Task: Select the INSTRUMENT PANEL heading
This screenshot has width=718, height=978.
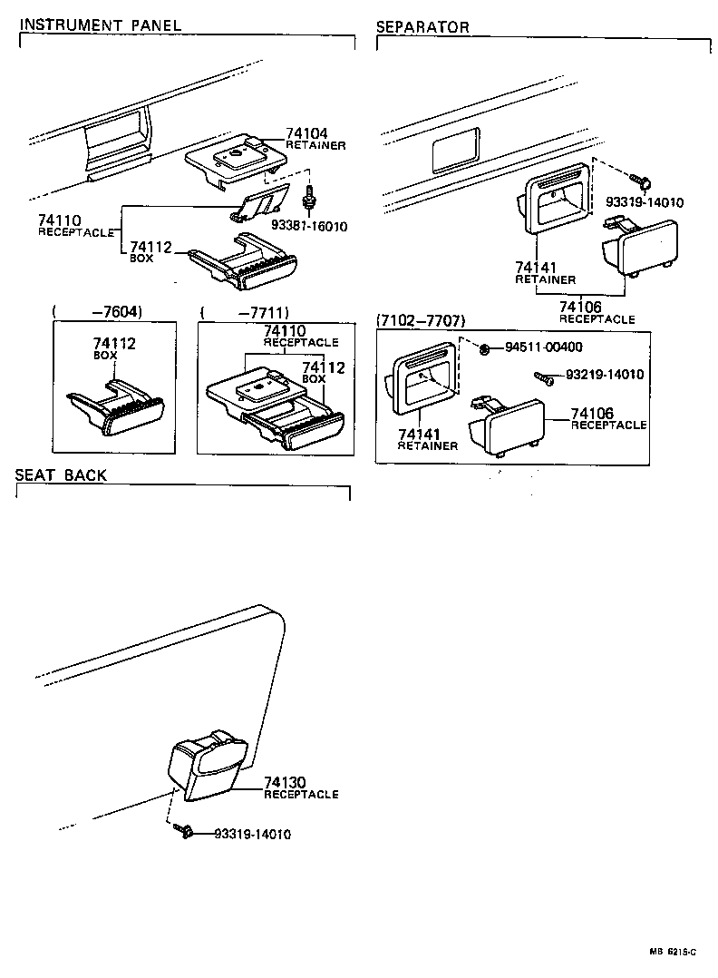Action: click(101, 25)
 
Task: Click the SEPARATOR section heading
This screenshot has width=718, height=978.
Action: click(422, 27)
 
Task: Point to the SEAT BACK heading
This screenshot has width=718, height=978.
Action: click(61, 475)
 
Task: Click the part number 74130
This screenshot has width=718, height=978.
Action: click(285, 782)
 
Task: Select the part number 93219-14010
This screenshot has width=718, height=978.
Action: click(605, 374)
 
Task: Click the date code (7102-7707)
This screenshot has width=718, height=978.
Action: click(421, 321)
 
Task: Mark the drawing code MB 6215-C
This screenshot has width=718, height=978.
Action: click(672, 951)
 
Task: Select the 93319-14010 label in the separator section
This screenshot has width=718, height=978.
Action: click(645, 202)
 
